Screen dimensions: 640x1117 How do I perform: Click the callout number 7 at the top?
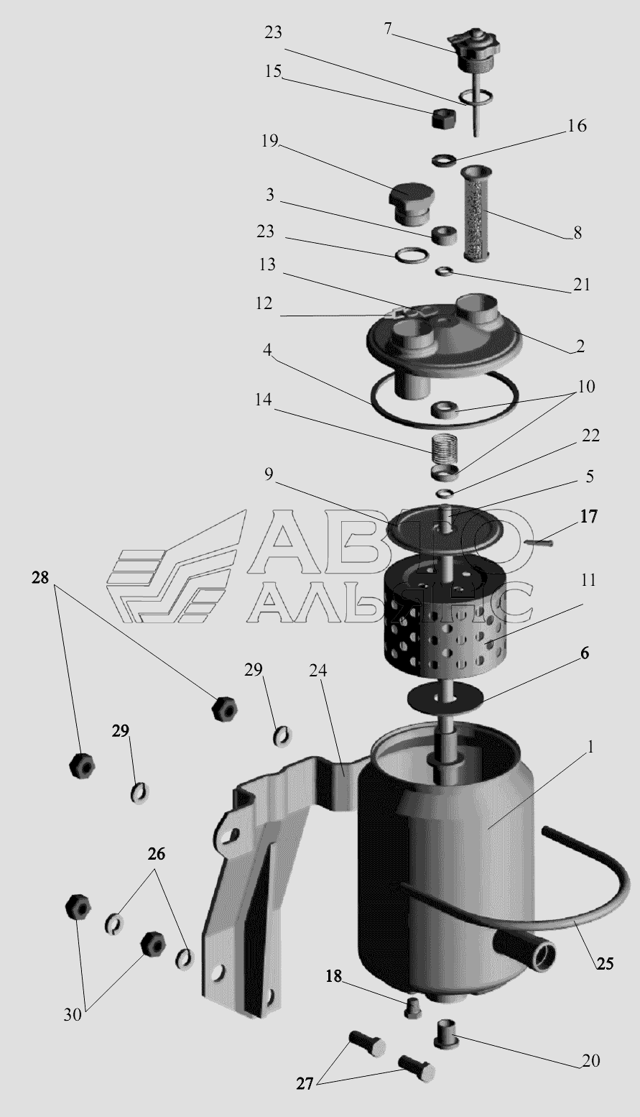click(388, 29)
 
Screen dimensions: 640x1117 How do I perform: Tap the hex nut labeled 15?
click(442, 119)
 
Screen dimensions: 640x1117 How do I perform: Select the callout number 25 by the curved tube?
click(605, 963)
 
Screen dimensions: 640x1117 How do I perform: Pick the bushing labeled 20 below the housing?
click(447, 1034)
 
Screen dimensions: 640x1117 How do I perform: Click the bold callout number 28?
click(41, 577)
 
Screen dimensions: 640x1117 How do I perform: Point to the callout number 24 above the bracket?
click(318, 671)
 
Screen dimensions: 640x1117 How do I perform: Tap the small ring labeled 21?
click(443, 271)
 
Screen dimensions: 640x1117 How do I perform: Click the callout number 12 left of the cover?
click(264, 303)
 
